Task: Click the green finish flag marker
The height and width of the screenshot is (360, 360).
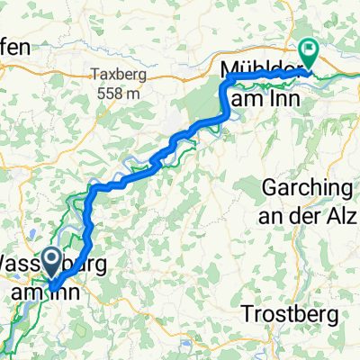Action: [309, 55]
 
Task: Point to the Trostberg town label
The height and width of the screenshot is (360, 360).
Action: [291, 315]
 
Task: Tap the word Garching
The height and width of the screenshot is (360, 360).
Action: [307, 189]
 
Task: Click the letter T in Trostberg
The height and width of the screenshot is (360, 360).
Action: [249, 315]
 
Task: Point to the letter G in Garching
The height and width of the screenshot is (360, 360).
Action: [269, 189]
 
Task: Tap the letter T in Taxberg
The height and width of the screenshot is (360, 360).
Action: [94, 76]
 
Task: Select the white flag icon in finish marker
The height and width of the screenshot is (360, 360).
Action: [309, 50]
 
